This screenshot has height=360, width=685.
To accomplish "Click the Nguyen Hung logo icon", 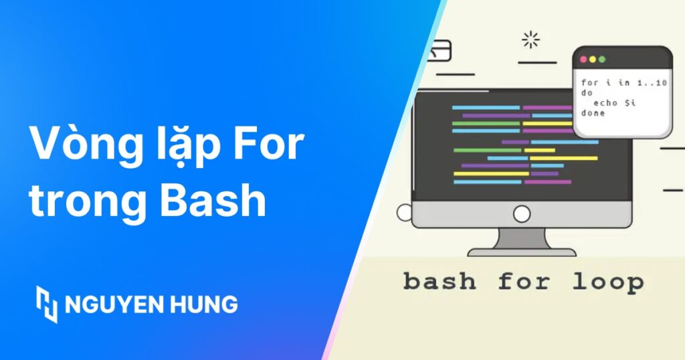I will coord(47,304).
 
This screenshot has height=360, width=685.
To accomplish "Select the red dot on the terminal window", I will coord(583,60).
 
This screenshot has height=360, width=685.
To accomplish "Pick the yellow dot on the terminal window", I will coord(593,60).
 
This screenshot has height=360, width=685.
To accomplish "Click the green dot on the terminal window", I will coord(602,60).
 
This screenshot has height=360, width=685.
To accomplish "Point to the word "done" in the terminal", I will coord(593,113).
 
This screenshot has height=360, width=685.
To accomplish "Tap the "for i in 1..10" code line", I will coord(623,82).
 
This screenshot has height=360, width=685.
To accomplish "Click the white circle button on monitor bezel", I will coord(521,213).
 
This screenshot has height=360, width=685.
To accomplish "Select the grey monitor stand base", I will coord(521,252).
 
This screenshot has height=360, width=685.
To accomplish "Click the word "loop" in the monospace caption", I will coord(607,282).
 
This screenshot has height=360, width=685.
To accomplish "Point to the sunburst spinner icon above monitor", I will coord(530,40).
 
